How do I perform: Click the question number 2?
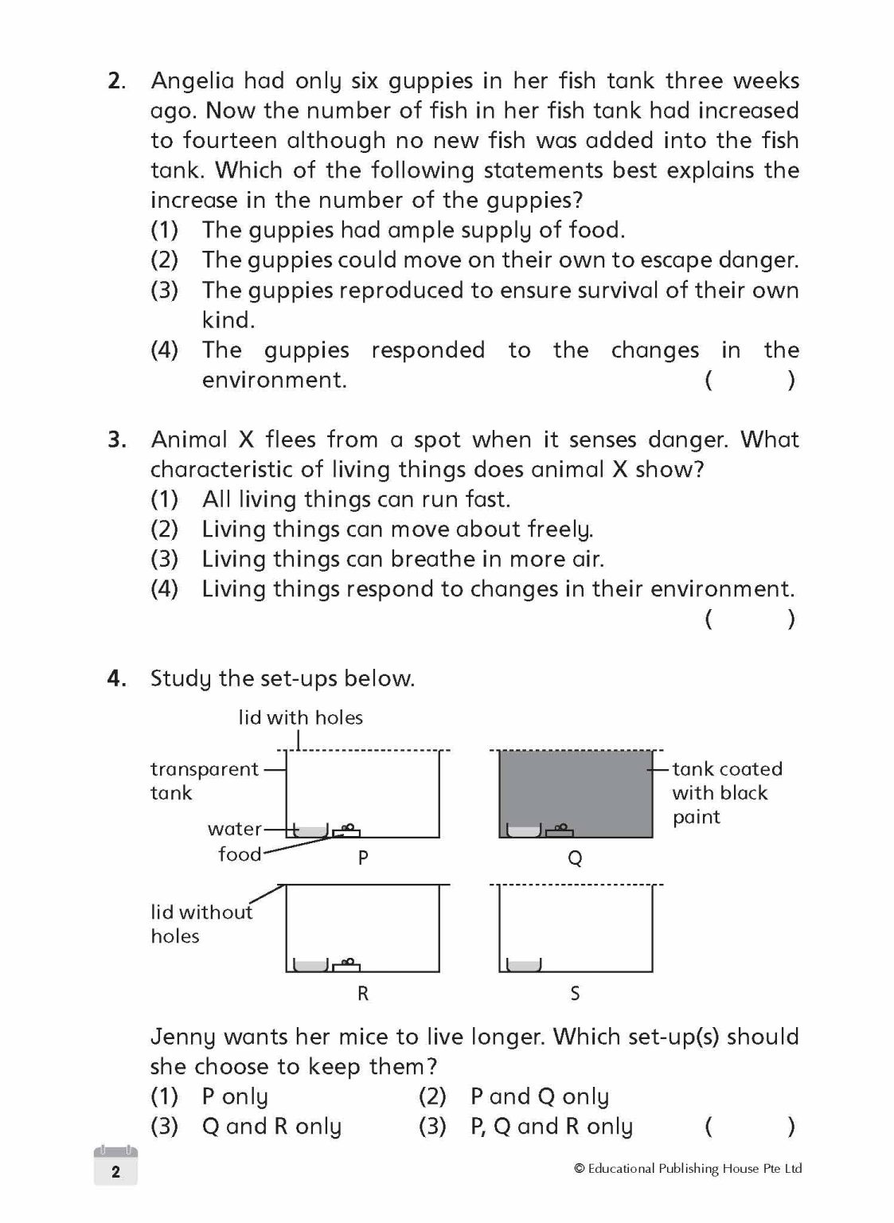click(x=116, y=81)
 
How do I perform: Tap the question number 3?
click(x=116, y=440)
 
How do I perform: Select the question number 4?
click(x=116, y=678)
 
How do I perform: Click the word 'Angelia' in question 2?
click(x=193, y=81)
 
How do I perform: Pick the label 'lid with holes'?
click(x=300, y=717)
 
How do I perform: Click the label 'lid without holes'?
click(x=201, y=924)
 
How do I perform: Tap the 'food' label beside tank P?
click(x=240, y=854)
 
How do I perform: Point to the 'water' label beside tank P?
click(x=235, y=829)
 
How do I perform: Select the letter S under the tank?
click(x=575, y=993)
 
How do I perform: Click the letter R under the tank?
click(x=363, y=993)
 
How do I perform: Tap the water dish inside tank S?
click(x=523, y=966)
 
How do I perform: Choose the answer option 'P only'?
click(x=234, y=1097)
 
